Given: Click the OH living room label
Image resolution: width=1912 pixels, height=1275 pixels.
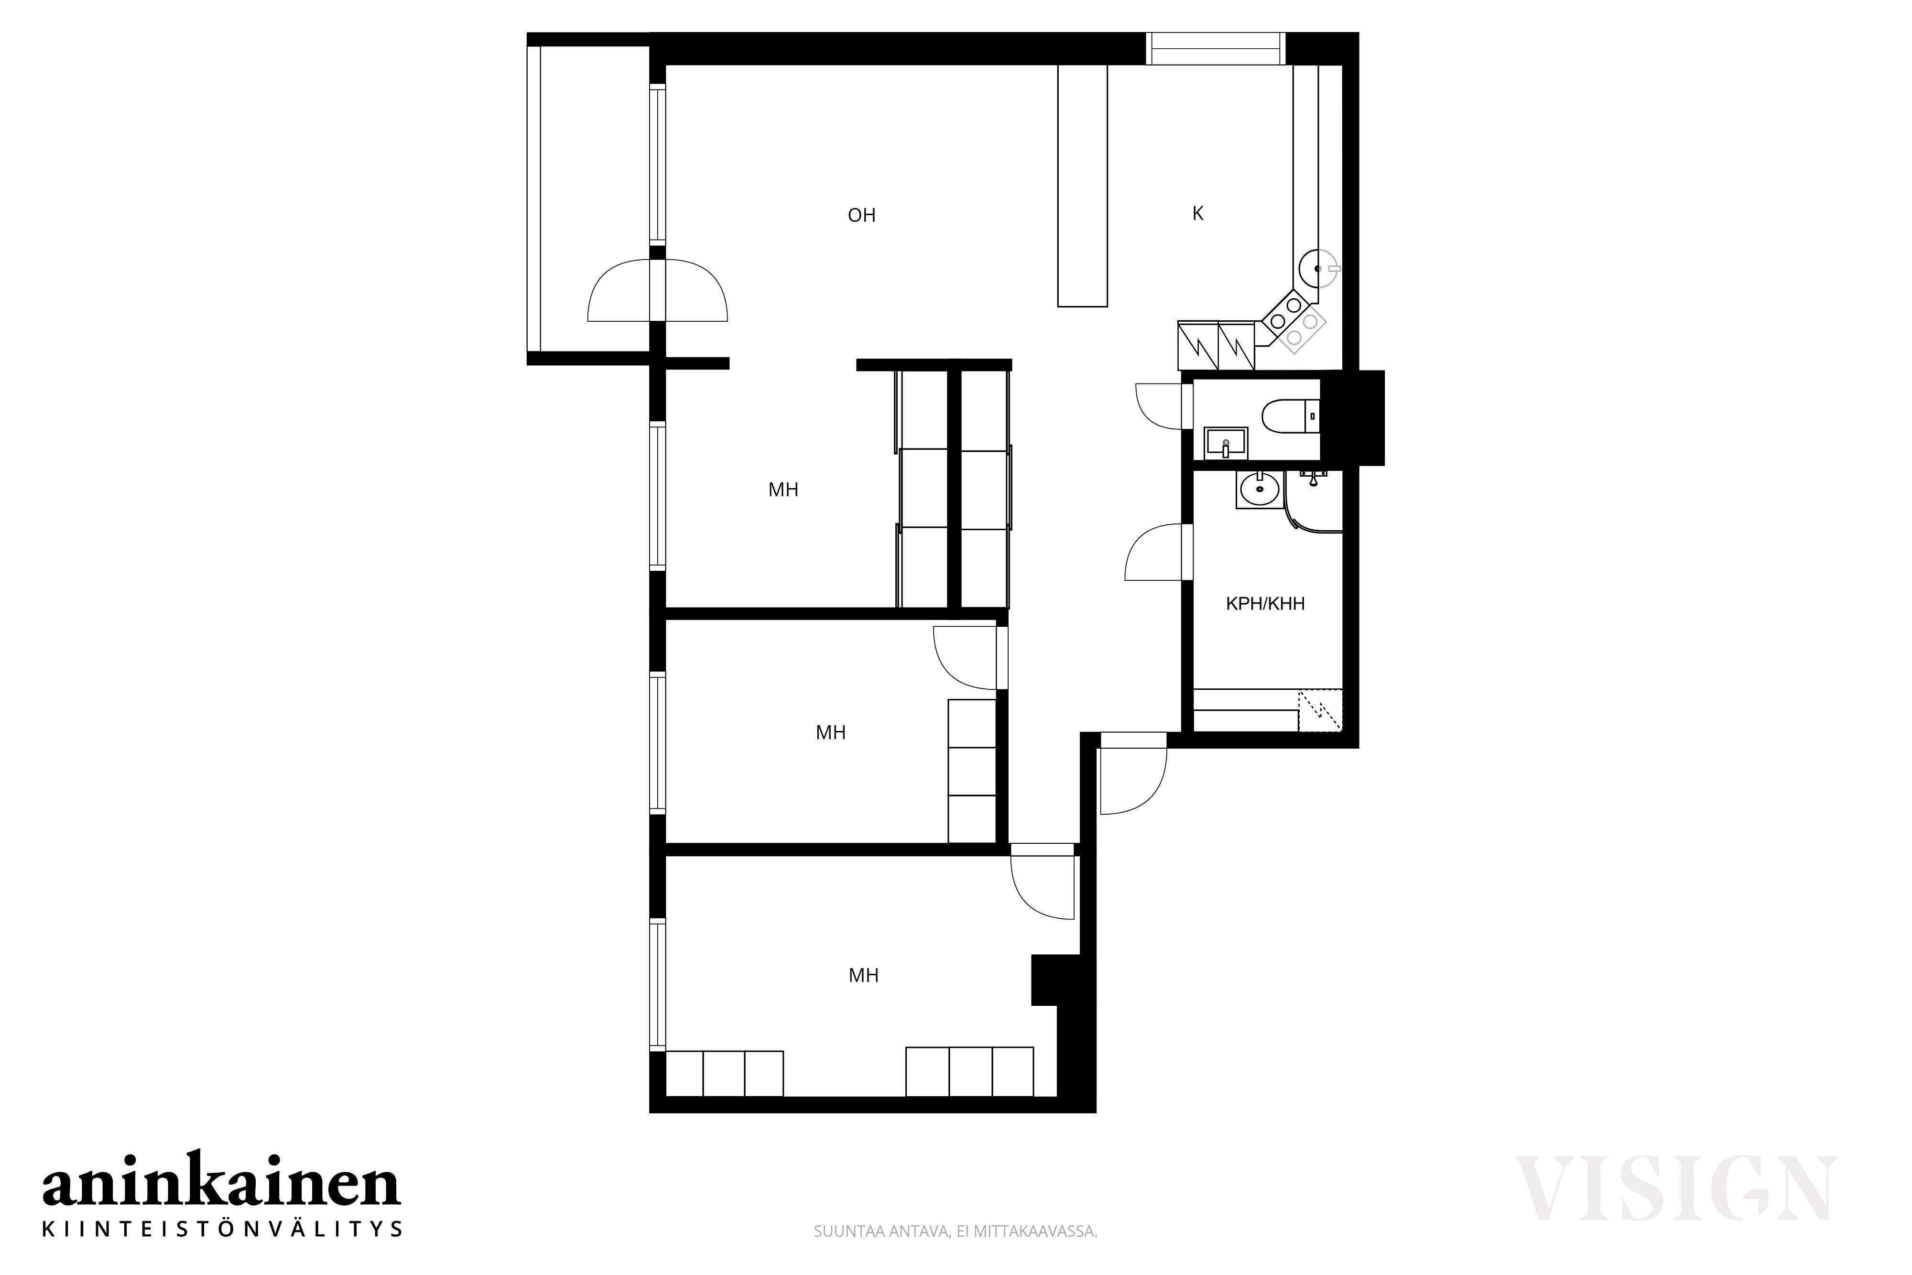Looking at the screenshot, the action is pos(862,216).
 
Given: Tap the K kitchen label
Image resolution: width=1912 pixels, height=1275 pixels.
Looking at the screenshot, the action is pos(1197,213).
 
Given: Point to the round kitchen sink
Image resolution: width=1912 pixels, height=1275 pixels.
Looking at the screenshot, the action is pos(1318,268).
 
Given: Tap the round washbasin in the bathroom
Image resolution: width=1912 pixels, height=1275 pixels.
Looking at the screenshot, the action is pos(1259,490).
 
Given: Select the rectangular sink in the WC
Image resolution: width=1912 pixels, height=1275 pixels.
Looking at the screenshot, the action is pos(1225,443).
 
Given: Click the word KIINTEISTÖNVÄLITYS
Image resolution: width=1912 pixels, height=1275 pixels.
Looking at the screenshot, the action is pos(222,1228).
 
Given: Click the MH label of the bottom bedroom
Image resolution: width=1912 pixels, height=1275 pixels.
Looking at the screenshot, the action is pos(863,975).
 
